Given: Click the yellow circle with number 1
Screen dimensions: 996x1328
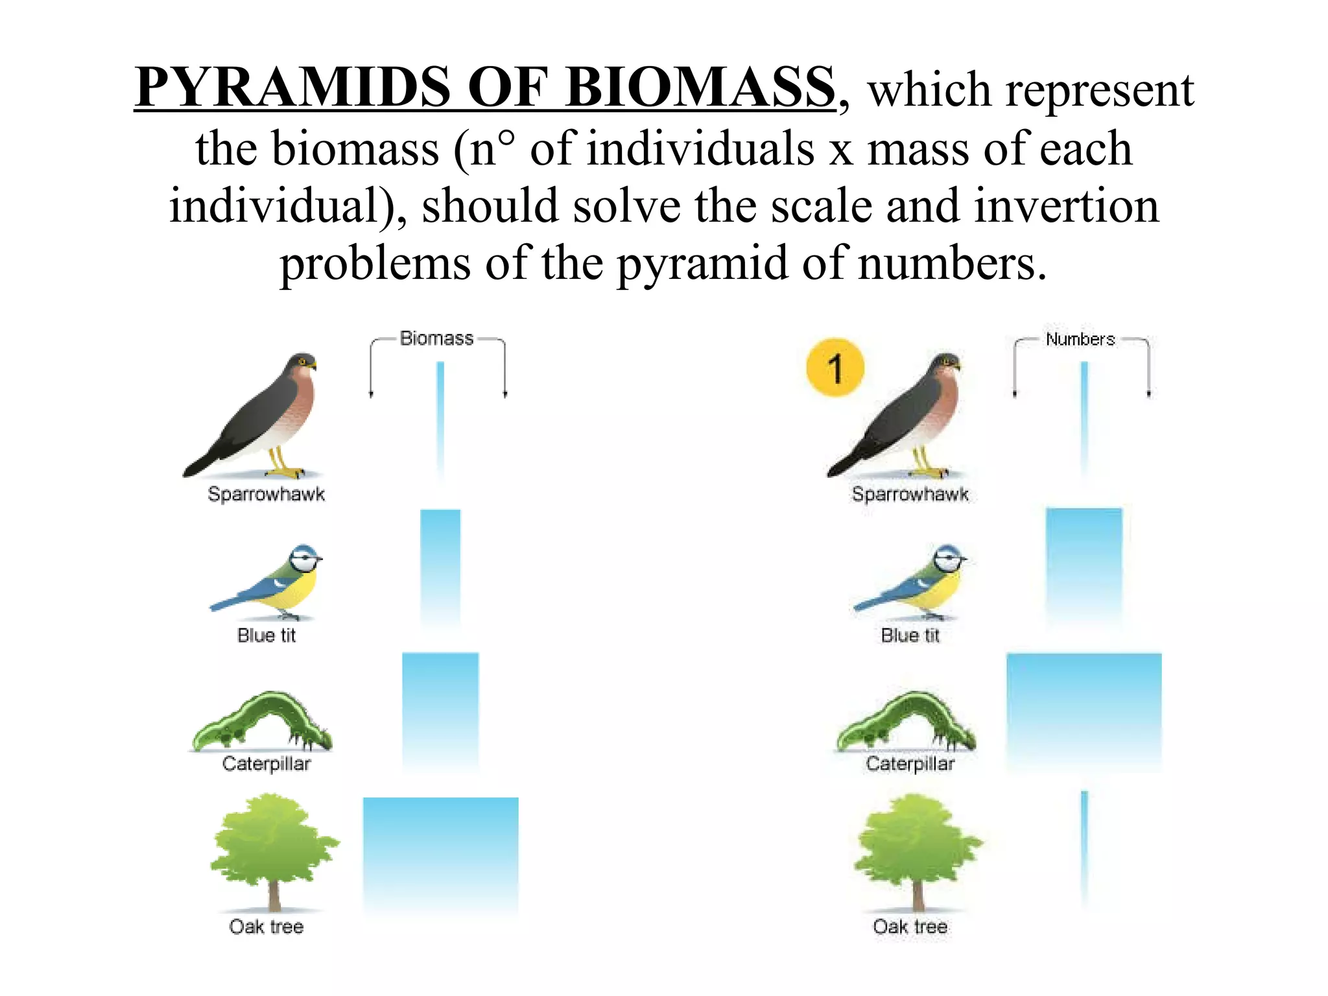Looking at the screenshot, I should pos(835,368).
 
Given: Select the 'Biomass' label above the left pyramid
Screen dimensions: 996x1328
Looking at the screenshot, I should pos(436,338).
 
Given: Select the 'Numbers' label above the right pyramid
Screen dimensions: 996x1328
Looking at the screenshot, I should pos(1080,339).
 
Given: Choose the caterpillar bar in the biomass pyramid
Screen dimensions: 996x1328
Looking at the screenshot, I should pos(440,711).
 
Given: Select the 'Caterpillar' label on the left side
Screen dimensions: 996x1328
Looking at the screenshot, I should pos(266,764).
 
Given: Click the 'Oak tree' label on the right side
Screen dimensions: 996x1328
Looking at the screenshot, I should pos(910,927).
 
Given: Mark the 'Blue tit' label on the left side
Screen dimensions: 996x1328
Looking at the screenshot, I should pos(266,635).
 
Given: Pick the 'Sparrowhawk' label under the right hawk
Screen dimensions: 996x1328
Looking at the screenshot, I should pos(910,494).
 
